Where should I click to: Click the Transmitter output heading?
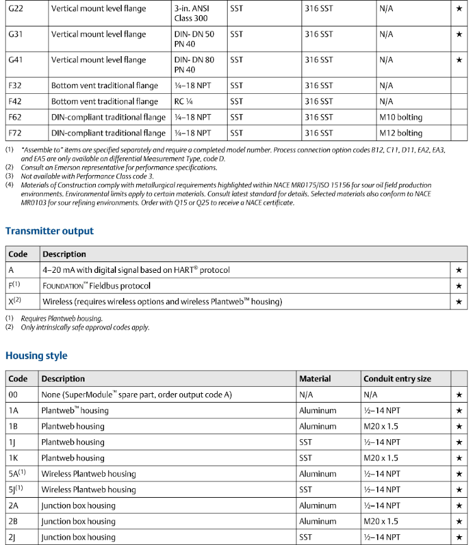pos(49,231)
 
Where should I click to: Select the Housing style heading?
pos(36,356)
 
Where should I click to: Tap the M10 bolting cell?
pos(400,117)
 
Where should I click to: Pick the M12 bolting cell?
pos(400,133)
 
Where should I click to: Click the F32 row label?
pos(16,86)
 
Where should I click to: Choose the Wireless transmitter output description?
pos(162,302)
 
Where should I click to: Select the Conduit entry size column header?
pos(397,379)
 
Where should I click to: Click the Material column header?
pos(315,379)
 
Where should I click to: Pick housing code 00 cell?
pos(13,395)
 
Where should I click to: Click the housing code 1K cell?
pos(13,458)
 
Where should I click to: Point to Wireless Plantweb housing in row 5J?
pos(88,490)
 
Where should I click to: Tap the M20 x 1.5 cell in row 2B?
pos(381,521)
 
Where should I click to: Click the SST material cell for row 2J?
pos(307,537)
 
